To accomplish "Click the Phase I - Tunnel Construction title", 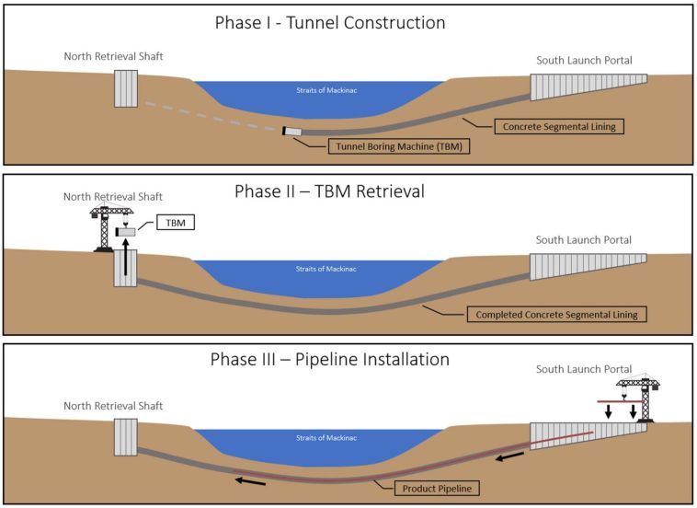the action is click(x=330, y=23).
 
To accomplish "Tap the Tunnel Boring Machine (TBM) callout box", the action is click(x=399, y=146).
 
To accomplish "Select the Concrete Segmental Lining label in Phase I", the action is click(x=559, y=126).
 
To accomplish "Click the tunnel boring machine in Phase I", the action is click(x=292, y=132).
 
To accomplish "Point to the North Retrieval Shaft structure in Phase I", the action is click(x=126, y=88).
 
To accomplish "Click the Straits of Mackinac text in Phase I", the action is click(x=326, y=90).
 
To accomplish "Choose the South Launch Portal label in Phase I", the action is click(x=584, y=60).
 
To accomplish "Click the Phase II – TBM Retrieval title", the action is click(x=329, y=191).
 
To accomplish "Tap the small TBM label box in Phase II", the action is click(x=176, y=223).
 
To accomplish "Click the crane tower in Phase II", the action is click(x=105, y=229).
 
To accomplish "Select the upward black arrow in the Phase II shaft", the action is click(x=126, y=257).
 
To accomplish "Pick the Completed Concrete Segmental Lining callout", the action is click(x=556, y=315).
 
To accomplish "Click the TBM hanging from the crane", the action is click(x=125, y=232).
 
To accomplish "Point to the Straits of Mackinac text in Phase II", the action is click(x=326, y=269).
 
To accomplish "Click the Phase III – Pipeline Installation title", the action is click(x=330, y=360).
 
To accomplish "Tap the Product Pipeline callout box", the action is click(x=437, y=489).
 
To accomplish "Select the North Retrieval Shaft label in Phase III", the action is click(x=113, y=406).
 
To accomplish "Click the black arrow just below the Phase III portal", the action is click(x=509, y=456).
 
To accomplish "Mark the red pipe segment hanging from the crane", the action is click(x=621, y=401).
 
